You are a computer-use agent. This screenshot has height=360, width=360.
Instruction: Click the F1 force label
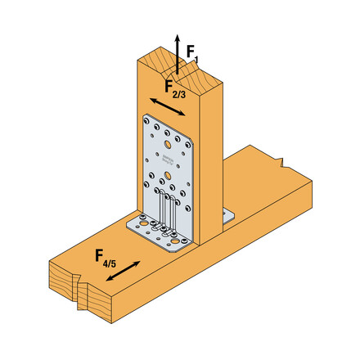point(191,52)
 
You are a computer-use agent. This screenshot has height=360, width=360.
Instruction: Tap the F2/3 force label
point(174,88)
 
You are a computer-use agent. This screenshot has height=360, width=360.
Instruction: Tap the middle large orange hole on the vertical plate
point(166,174)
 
